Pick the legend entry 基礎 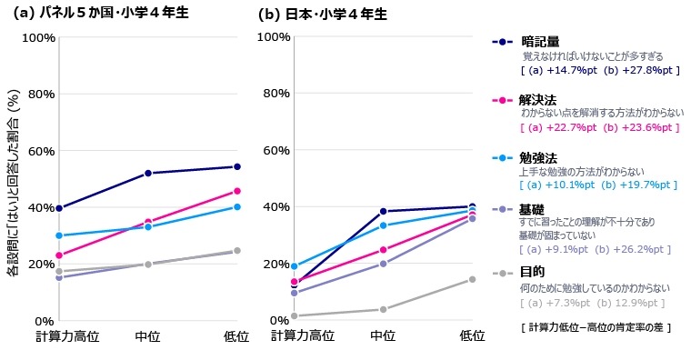pyautogui.click(x=532, y=209)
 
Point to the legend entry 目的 pyautogui.click(x=532, y=272)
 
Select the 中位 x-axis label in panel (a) pyautogui.click(x=147, y=336)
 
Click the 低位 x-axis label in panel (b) pyautogui.click(x=472, y=336)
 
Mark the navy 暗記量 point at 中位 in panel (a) pyautogui.click(x=147, y=173)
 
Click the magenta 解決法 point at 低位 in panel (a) pyautogui.click(x=236, y=191)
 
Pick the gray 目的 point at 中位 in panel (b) pyautogui.click(x=383, y=309)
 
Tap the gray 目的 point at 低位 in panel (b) pyautogui.click(x=472, y=279)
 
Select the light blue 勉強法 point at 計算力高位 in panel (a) pyautogui.click(x=59, y=235)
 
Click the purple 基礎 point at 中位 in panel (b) pyautogui.click(x=383, y=264)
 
